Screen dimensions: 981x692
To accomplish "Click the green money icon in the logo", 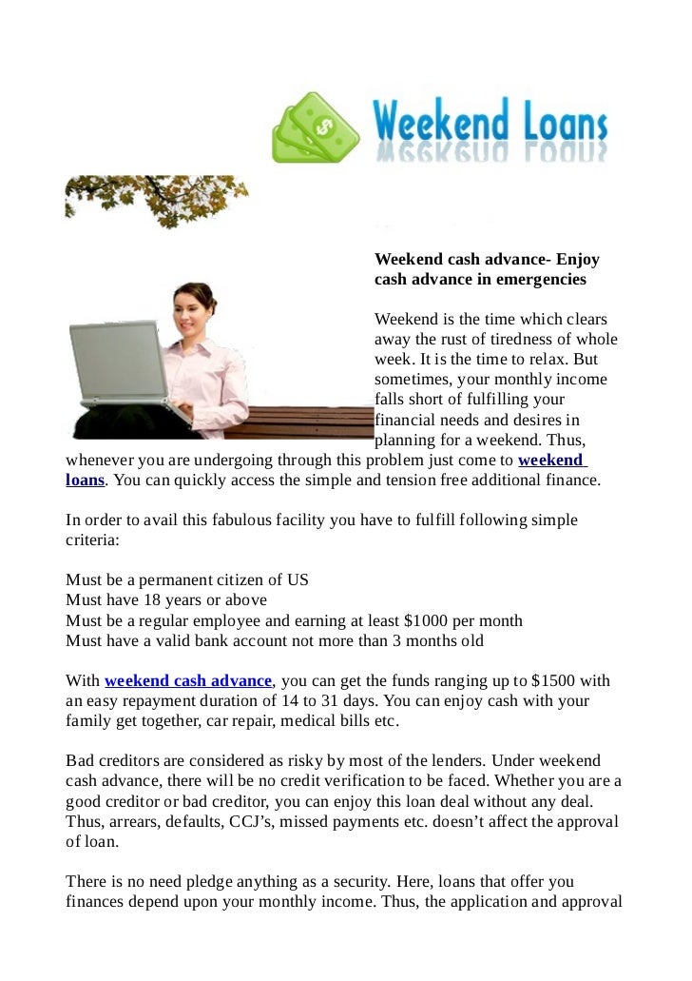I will [x=316, y=128].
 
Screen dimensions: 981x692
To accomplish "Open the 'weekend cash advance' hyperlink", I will [x=188, y=681].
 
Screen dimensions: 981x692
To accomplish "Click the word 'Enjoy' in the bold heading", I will [x=578, y=260].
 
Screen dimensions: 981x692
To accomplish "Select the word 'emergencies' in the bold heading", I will [x=540, y=281].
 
